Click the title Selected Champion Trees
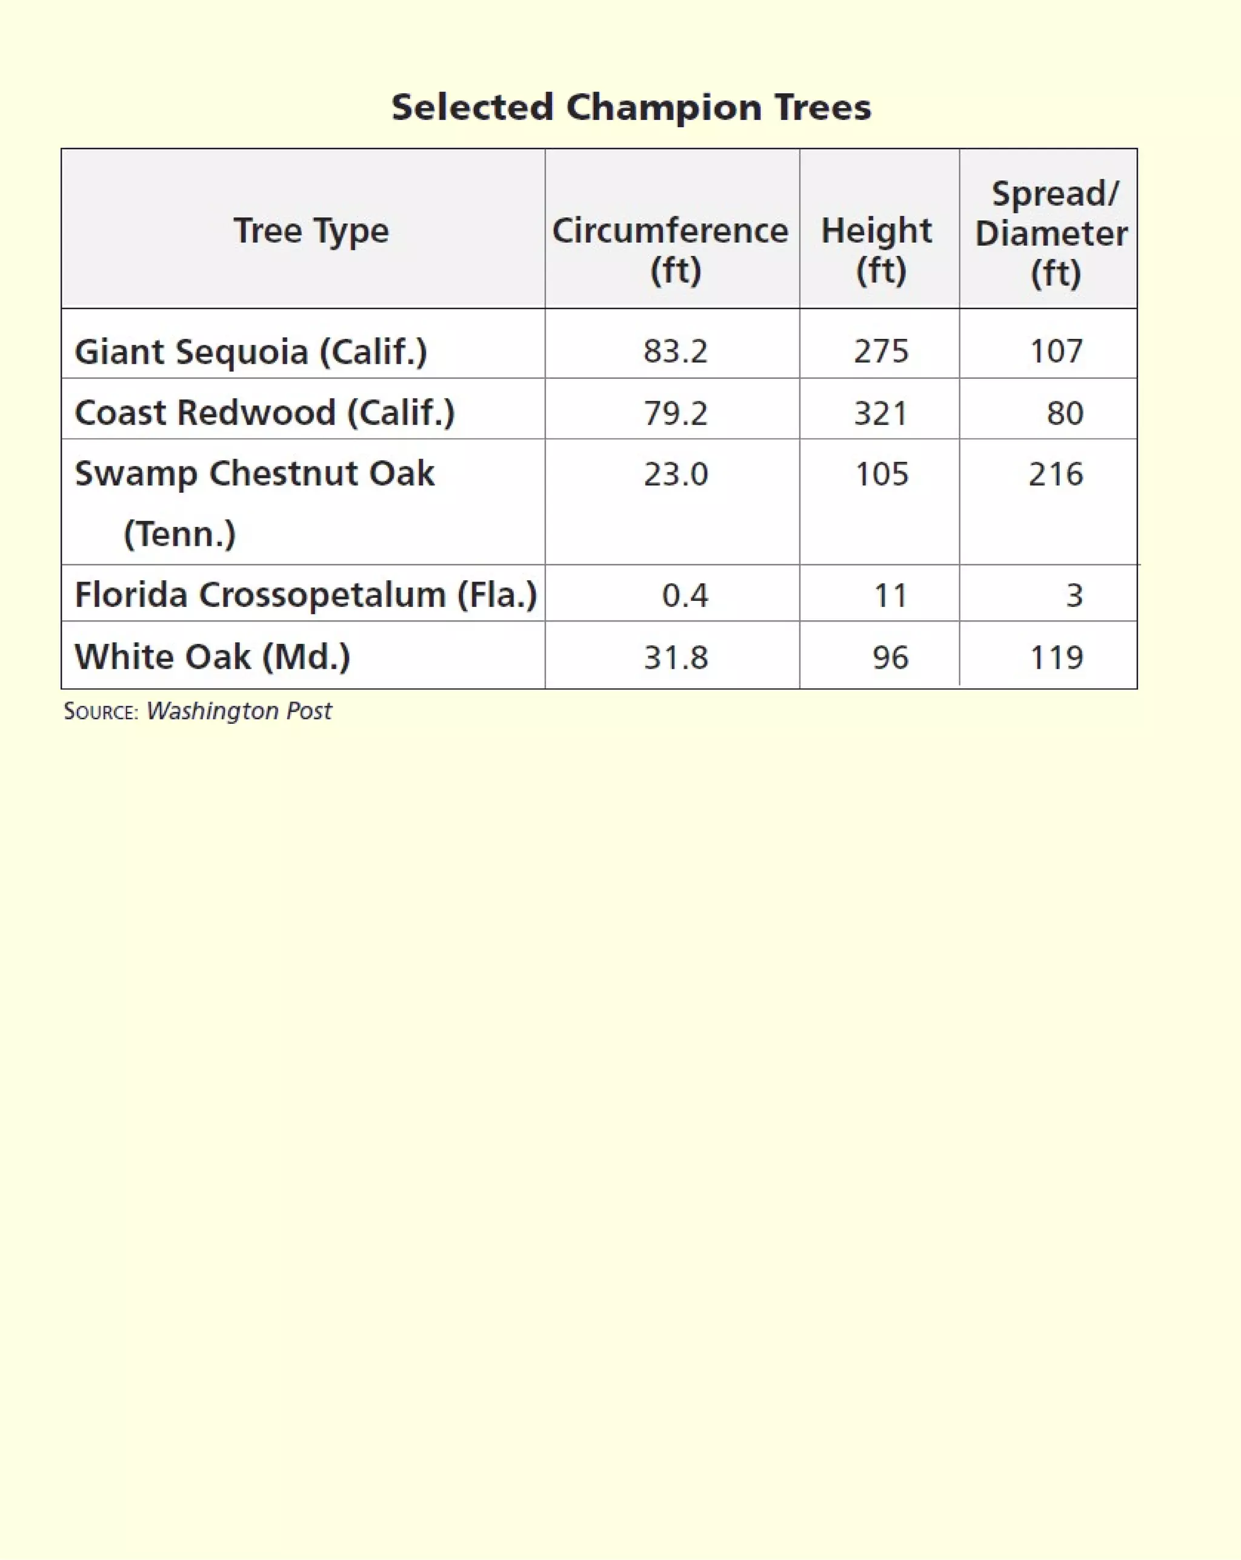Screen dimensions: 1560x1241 [631, 107]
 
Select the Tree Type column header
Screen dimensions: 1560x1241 [311, 231]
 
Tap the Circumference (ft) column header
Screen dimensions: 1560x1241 [670, 250]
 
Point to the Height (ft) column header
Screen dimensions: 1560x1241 [877, 250]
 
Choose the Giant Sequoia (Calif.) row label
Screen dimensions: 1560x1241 [251, 352]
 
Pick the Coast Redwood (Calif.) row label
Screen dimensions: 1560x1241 [265, 412]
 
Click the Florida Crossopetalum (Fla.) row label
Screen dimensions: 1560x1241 [306, 595]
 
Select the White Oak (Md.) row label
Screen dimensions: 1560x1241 [213, 657]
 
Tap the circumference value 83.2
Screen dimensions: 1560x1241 [676, 352]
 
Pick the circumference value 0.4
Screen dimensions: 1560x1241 [685, 595]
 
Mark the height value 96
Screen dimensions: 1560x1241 [890, 658]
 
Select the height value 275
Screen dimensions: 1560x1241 [881, 352]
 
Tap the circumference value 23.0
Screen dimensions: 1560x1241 [676, 475]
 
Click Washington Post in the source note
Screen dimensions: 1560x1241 [239, 711]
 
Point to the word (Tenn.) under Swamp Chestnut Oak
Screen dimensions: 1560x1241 [179, 535]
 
